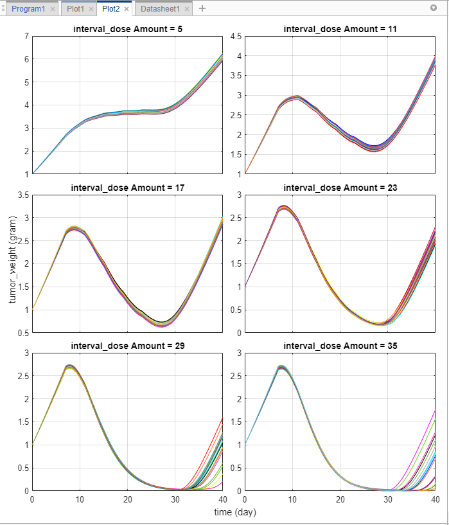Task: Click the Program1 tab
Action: tap(26, 9)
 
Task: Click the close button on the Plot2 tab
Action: tap(127, 9)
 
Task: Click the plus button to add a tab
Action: tap(202, 9)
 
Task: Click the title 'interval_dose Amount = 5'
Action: tap(127, 29)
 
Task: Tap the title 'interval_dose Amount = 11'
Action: tap(340, 29)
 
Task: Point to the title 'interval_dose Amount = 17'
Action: tap(127, 187)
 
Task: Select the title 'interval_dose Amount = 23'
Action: tap(340, 187)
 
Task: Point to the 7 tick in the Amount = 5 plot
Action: tap(26, 36)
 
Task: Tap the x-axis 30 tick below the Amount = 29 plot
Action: tap(175, 499)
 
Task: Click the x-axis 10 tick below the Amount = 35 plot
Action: tap(292, 499)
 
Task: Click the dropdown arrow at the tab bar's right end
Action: tap(433, 8)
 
